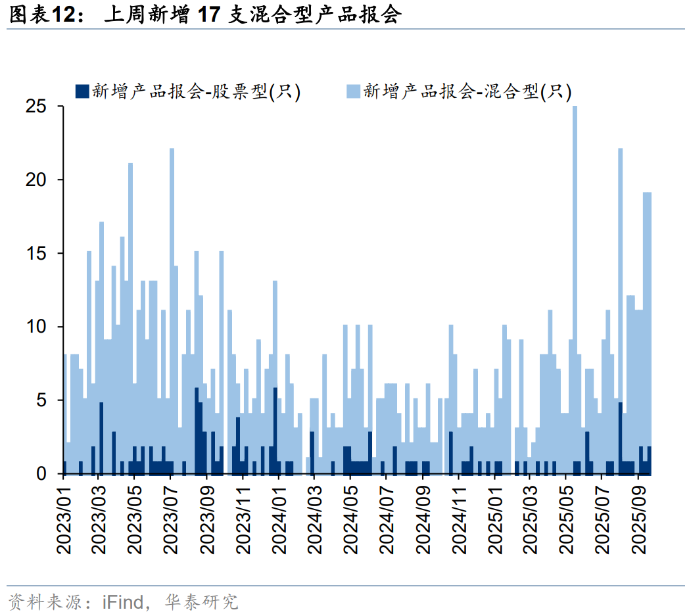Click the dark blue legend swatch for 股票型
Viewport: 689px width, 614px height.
coord(82,91)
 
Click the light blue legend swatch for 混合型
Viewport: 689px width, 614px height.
coord(353,91)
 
